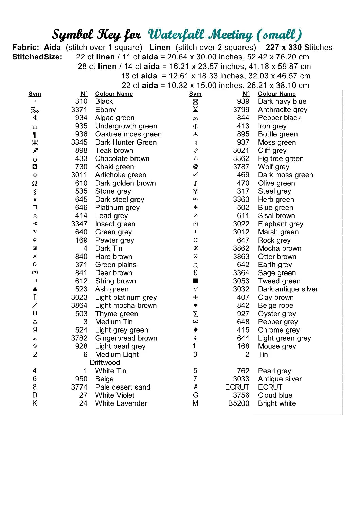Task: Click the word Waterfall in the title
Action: pyautogui.click(x=177, y=34)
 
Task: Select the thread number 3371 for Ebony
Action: pyautogui.click(x=79, y=110)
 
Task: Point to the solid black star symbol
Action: pyautogui.click(x=35, y=199)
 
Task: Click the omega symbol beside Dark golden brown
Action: pyautogui.click(x=35, y=183)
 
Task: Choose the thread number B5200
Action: pyautogui.click(x=238, y=403)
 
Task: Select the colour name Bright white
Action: pyautogui.click(x=277, y=403)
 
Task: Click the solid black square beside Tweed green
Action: pyautogui.click(x=195, y=281)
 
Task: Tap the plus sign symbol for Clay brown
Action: pyautogui.click(x=195, y=297)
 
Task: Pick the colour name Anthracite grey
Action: pyautogui.click(x=283, y=110)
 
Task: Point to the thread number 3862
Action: pyautogui.click(x=241, y=248)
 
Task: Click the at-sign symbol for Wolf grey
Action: pyautogui.click(x=195, y=166)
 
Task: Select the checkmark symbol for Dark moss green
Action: pyautogui.click(x=195, y=175)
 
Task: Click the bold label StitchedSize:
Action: pyautogui.click(x=37, y=57)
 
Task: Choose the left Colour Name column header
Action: pyautogui.click(x=114, y=94)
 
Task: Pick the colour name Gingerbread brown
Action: pyautogui.click(x=126, y=338)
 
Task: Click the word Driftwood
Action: pyautogui.click(x=105, y=363)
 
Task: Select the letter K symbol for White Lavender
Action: pyautogui.click(x=35, y=403)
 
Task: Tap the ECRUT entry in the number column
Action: pyautogui.click(x=237, y=387)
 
